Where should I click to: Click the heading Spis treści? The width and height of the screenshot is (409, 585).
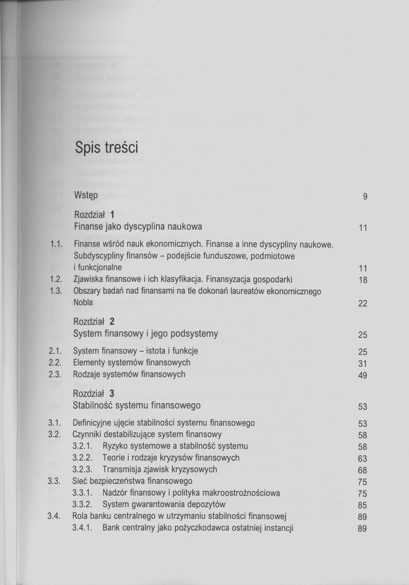[x=106, y=148]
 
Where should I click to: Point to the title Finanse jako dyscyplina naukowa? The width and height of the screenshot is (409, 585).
[x=138, y=227]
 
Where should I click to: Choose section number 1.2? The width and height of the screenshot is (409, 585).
[x=56, y=280]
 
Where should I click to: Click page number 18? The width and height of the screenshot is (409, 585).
[x=363, y=280]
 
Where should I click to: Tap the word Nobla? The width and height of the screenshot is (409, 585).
[x=83, y=303]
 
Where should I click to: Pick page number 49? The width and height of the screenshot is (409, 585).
[x=363, y=375]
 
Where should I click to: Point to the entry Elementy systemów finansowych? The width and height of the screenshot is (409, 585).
[x=131, y=363]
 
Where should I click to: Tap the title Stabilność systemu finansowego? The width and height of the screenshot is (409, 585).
[x=137, y=405]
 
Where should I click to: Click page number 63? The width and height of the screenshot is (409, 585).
[x=362, y=459]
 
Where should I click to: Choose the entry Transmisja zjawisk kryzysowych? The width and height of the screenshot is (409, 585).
[x=159, y=469]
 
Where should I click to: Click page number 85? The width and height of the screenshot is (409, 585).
[x=362, y=505]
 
